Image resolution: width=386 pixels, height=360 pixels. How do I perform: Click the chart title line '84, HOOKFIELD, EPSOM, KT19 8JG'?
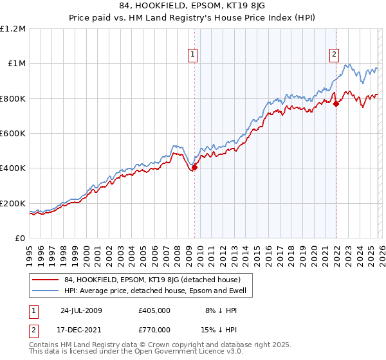pos(193,7)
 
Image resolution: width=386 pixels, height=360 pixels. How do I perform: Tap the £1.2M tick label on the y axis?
pos(13,28)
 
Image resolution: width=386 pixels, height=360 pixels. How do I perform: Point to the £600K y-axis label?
pos(13,134)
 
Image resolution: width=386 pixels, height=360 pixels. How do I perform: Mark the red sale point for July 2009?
pos(194,168)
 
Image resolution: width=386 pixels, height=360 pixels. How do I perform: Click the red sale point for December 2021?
pos(335,104)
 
